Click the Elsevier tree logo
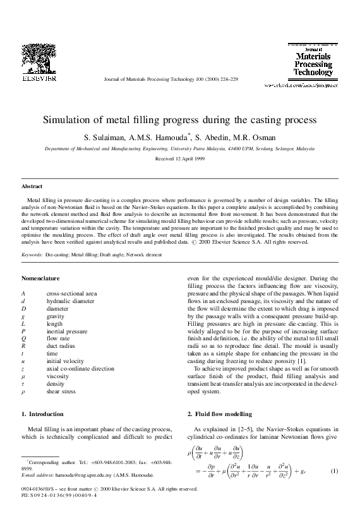[39, 58]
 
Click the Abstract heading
[32, 187]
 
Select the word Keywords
[32, 254]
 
